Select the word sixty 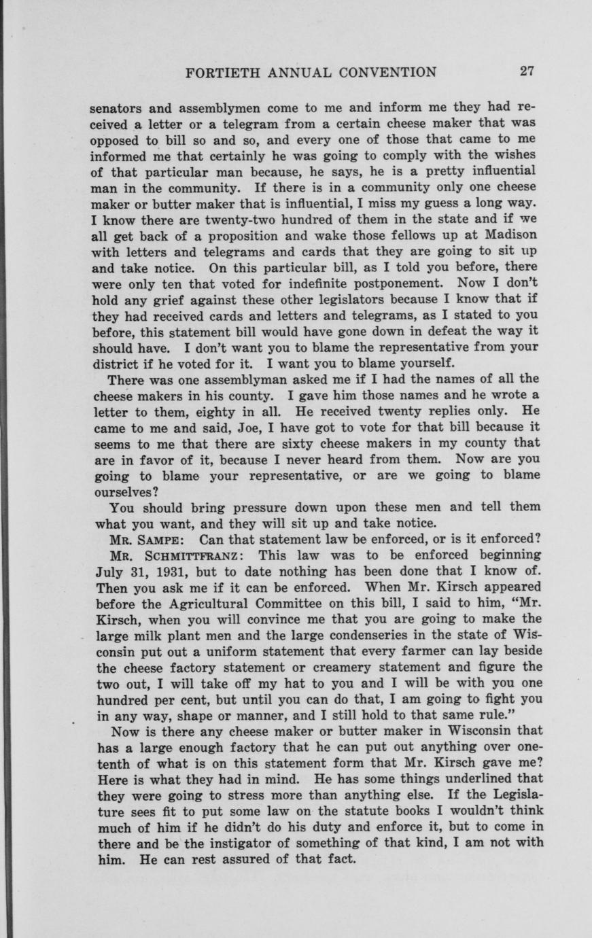pos(303,443)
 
